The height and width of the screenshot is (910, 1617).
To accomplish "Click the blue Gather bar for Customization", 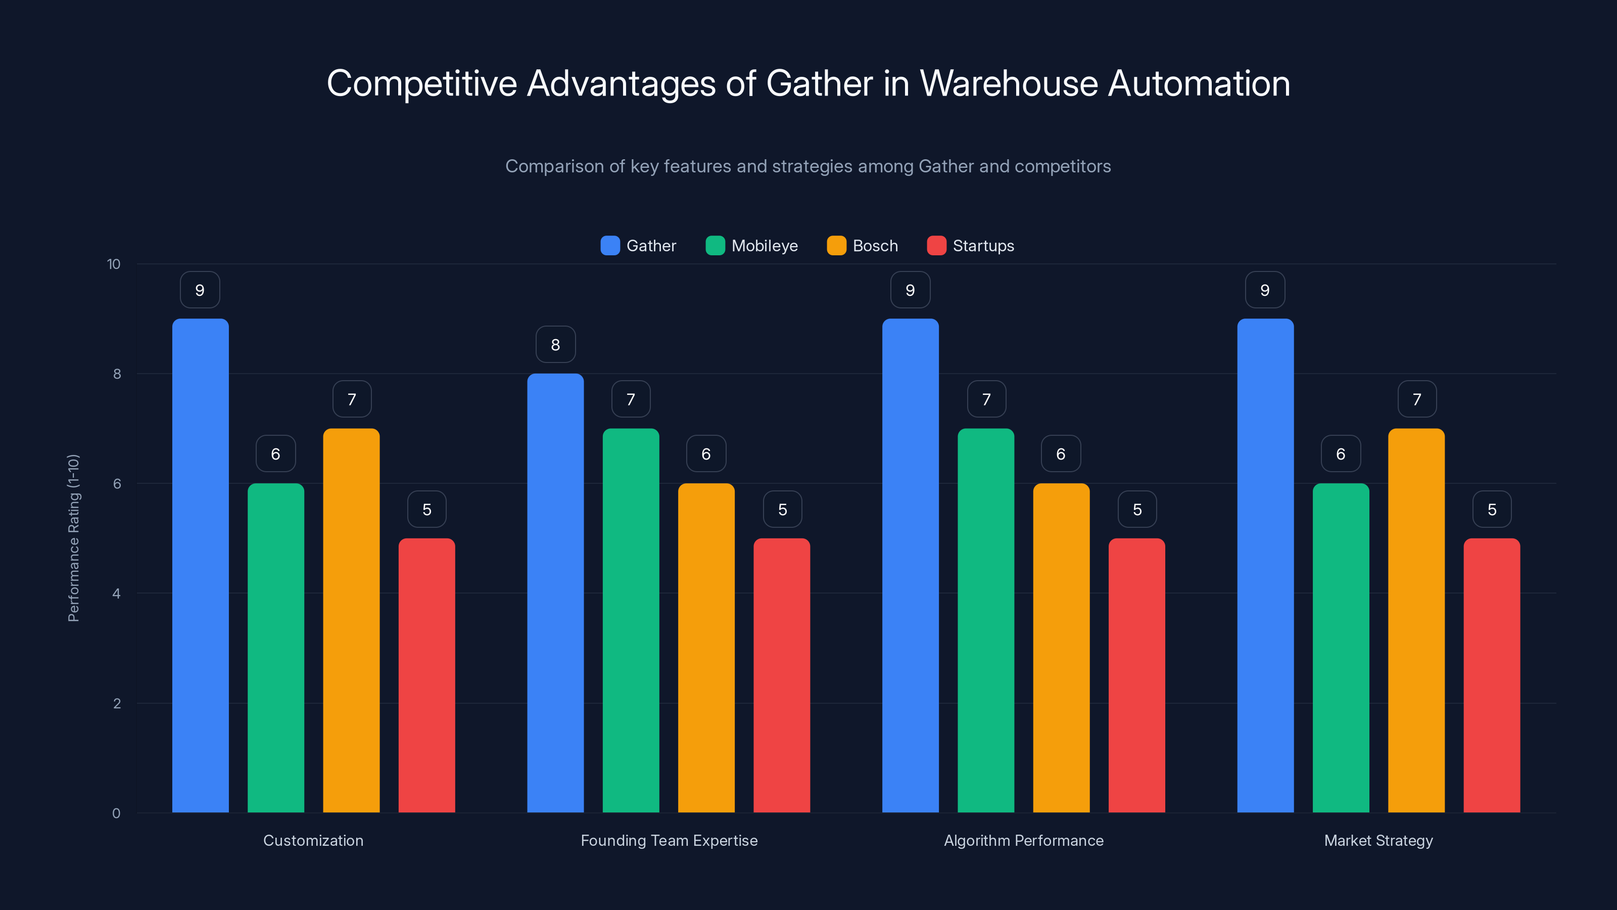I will [200, 565].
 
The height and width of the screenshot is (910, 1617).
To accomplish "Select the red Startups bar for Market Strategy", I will [1492, 675].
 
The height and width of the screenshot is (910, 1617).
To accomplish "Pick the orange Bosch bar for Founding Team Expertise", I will [706, 648].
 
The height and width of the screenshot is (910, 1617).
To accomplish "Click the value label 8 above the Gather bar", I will [555, 345].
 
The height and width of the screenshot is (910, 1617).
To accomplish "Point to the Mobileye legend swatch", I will [715, 246].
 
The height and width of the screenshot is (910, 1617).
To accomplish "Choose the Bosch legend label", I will [875, 246].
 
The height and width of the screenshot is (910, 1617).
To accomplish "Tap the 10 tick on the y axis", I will [114, 264].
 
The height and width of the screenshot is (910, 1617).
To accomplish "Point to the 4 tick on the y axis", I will [116, 594].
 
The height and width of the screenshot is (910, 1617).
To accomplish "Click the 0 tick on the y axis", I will [116, 813].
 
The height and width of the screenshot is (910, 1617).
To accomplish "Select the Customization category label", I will [313, 840].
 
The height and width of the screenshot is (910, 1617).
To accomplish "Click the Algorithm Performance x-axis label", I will [1023, 840].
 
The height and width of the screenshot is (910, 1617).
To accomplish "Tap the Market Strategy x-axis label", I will [1378, 840].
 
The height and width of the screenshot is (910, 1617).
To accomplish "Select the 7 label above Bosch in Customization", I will [352, 399].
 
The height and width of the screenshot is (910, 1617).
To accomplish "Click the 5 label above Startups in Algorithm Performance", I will [1137, 509].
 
